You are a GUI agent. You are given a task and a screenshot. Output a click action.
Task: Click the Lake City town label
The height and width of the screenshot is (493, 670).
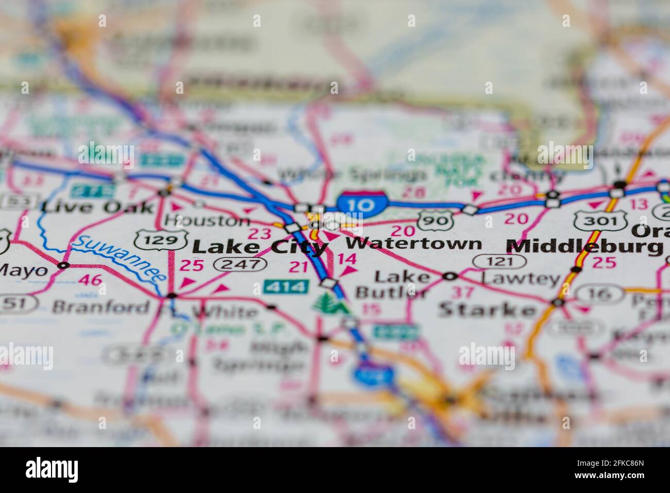click(x=259, y=247)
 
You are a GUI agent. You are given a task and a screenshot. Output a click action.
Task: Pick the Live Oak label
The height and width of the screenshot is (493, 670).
click(x=97, y=207)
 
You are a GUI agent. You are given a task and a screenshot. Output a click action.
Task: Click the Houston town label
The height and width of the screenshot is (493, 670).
click(x=207, y=221)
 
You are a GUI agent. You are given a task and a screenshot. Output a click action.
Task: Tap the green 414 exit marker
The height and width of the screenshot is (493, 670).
click(x=286, y=286)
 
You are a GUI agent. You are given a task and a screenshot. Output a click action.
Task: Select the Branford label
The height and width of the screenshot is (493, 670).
click(x=100, y=308)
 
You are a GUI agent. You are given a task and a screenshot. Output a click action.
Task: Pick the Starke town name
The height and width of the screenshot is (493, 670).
click(x=487, y=310)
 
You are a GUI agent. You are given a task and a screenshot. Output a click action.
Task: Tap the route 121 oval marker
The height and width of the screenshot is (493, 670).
click(x=500, y=261)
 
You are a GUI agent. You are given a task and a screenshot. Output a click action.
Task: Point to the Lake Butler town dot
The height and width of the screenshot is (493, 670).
click(x=450, y=276)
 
